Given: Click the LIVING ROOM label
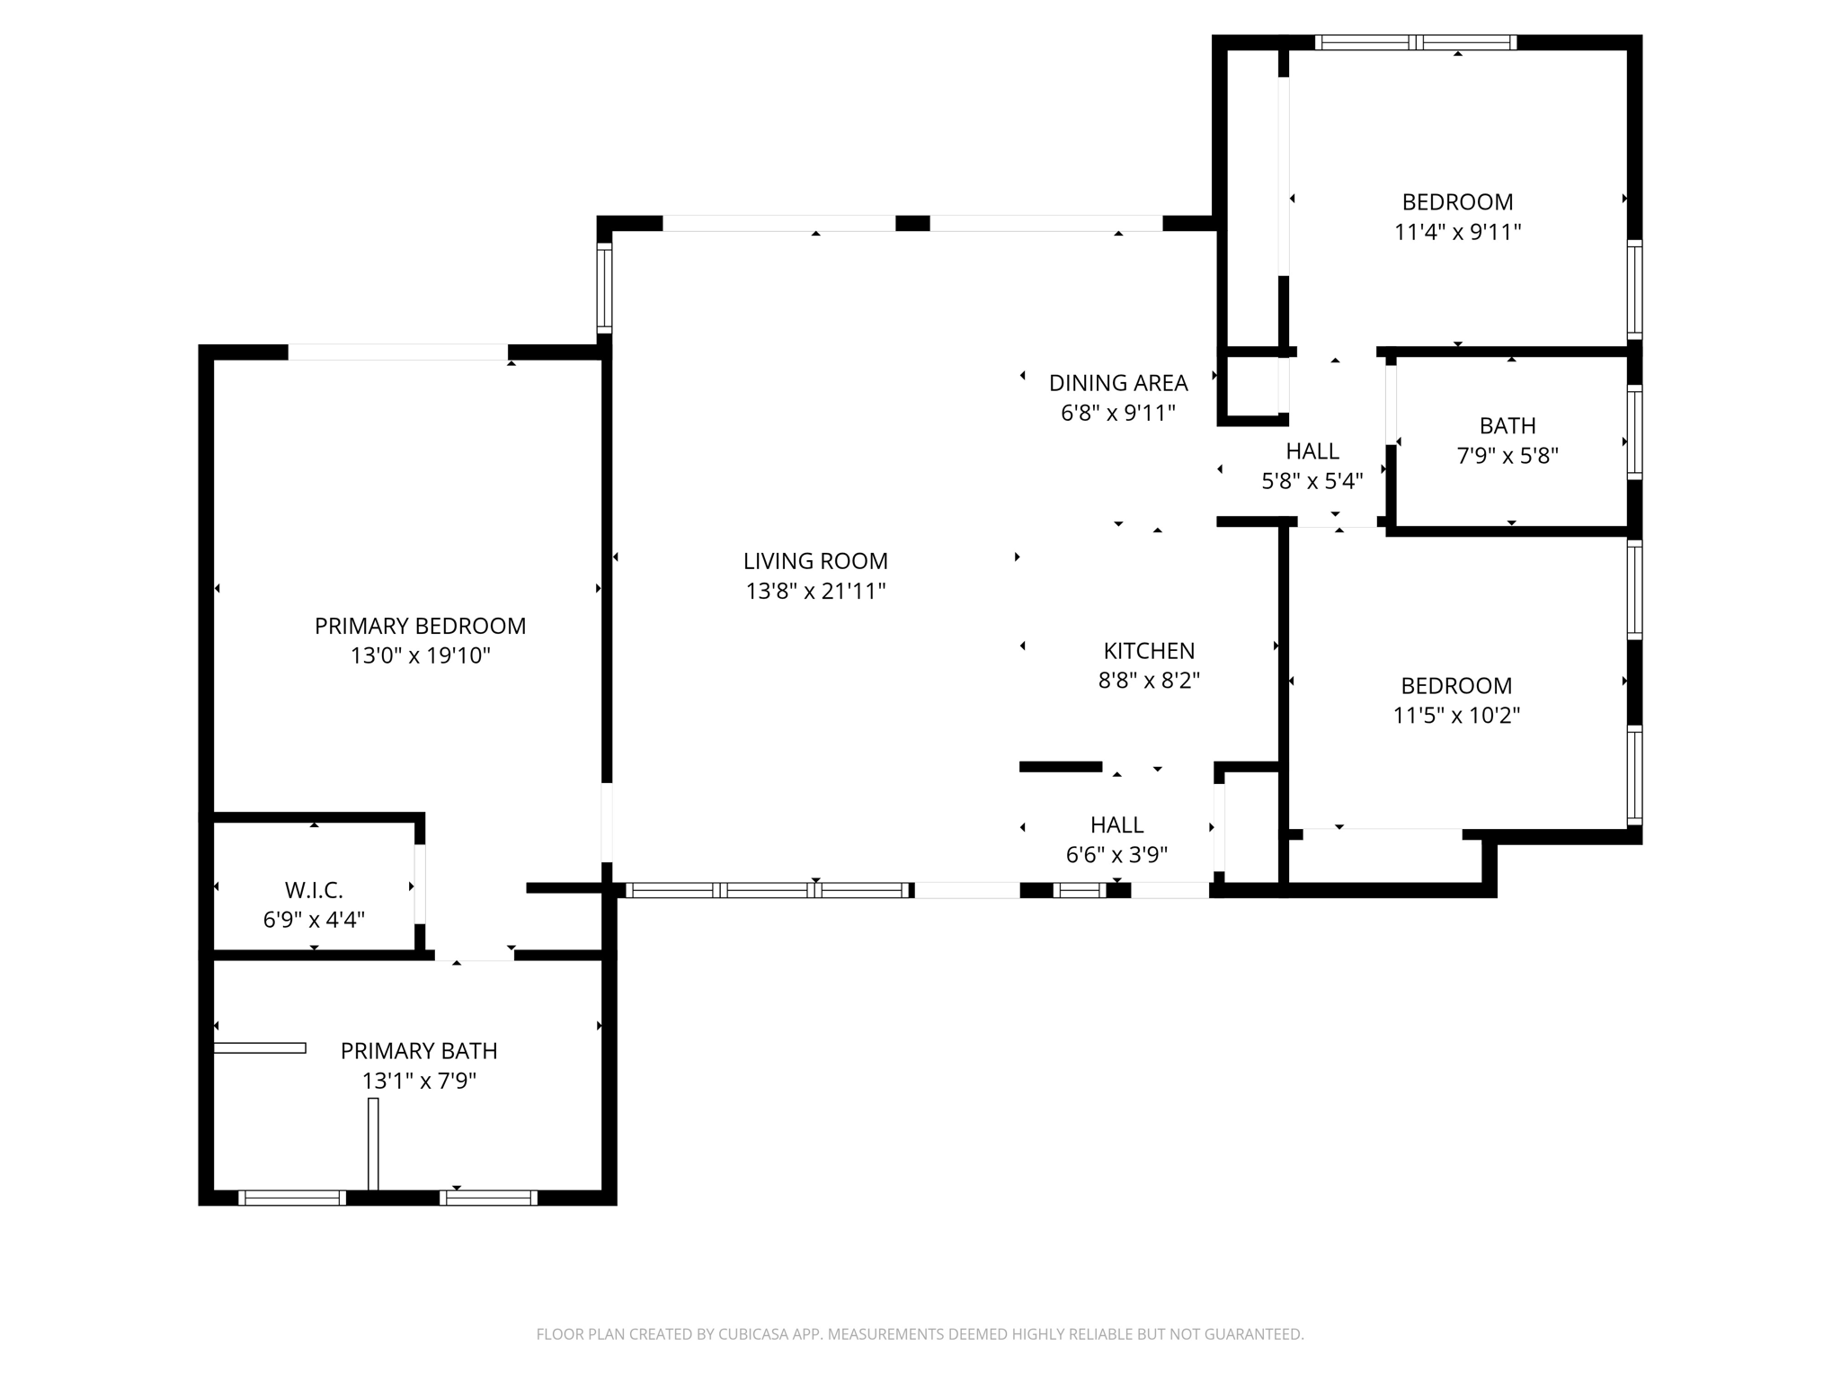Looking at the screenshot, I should click(815, 561).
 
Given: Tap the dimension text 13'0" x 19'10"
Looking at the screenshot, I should click(420, 655).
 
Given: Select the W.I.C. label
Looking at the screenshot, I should click(314, 890).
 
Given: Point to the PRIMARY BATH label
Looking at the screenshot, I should click(419, 1050).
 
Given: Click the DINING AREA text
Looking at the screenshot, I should click(1118, 383).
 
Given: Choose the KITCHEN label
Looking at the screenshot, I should click(1149, 650).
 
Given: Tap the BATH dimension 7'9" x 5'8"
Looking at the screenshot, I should click(1507, 456).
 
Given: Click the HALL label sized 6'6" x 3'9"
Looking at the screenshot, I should click(1116, 824).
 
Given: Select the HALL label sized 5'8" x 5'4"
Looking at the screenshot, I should click(1312, 450).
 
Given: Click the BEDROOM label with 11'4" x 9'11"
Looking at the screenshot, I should click(1457, 201).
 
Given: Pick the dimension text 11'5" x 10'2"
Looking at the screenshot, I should click(1456, 716).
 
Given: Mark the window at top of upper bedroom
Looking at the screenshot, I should click(1416, 42).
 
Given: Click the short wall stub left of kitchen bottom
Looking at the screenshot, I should click(1061, 767).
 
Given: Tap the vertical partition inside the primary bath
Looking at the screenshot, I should click(373, 1144).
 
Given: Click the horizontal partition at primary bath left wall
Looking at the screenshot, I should click(260, 1047).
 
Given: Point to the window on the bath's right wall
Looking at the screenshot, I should click(1634, 432).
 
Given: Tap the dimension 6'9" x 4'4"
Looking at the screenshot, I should click(314, 920).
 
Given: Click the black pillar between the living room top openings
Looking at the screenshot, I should click(912, 223).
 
